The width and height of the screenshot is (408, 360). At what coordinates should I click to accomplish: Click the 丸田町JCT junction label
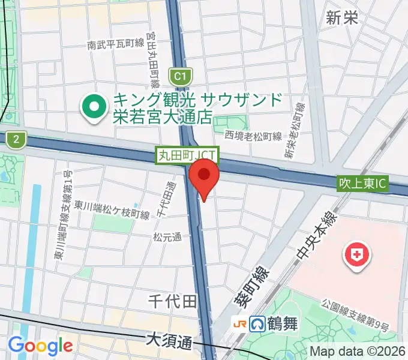(188, 155)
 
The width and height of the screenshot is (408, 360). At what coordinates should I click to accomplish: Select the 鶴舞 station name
(282, 325)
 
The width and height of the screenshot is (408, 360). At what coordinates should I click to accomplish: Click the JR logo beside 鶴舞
(239, 325)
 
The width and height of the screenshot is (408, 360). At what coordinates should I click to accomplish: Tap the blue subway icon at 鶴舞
(259, 325)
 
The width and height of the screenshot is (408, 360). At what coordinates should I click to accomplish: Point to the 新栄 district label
(342, 18)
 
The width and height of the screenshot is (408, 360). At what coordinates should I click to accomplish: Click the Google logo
(40, 346)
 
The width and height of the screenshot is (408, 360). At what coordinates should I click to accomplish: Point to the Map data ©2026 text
(358, 352)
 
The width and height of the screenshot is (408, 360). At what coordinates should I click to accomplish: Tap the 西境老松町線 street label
(253, 136)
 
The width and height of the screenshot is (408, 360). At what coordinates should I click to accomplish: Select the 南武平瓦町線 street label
(115, 44)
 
